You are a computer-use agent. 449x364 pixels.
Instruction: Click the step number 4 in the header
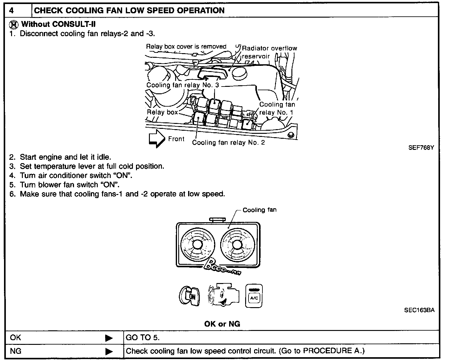click(11, 11)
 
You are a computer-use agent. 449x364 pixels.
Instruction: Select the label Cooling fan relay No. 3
click(183, 85)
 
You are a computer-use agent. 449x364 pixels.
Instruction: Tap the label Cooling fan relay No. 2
click(228, 142)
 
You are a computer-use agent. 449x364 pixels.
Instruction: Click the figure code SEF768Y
click(421, 148)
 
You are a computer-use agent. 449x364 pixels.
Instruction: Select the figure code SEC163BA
click(419, 310)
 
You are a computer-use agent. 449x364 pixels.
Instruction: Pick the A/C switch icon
click(254, 296)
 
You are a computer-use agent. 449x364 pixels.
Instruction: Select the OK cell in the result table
click(15, 337)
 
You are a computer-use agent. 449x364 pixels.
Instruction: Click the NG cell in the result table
click(16, 351)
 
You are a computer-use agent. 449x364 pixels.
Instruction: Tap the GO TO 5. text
click(142, 337)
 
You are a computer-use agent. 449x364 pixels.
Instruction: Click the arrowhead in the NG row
click(109, 352)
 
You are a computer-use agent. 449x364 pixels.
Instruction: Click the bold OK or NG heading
click(222, 324)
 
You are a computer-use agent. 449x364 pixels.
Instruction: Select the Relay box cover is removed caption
click(186, 47)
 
